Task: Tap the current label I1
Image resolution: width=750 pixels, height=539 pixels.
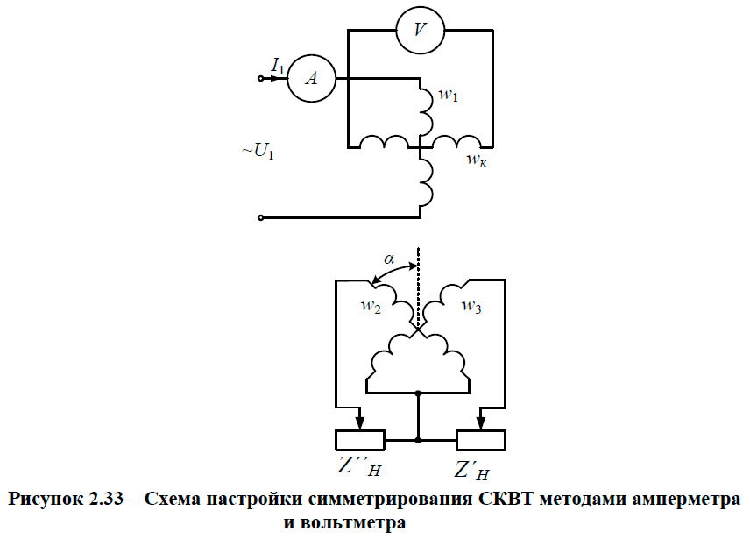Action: click(278, 64)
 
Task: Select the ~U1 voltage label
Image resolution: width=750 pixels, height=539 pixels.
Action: click(258, 153)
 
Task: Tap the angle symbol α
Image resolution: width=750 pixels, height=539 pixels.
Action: click(389, 259)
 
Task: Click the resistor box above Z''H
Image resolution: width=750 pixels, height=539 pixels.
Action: click(360, 439)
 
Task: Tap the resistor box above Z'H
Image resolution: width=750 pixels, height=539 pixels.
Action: click(480, 439)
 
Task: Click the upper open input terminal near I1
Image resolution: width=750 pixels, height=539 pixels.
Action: click(260, 78)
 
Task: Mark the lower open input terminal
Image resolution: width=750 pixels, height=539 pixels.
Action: click(260, 216)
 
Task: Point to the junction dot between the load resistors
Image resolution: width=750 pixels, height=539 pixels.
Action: click(420, 439)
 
